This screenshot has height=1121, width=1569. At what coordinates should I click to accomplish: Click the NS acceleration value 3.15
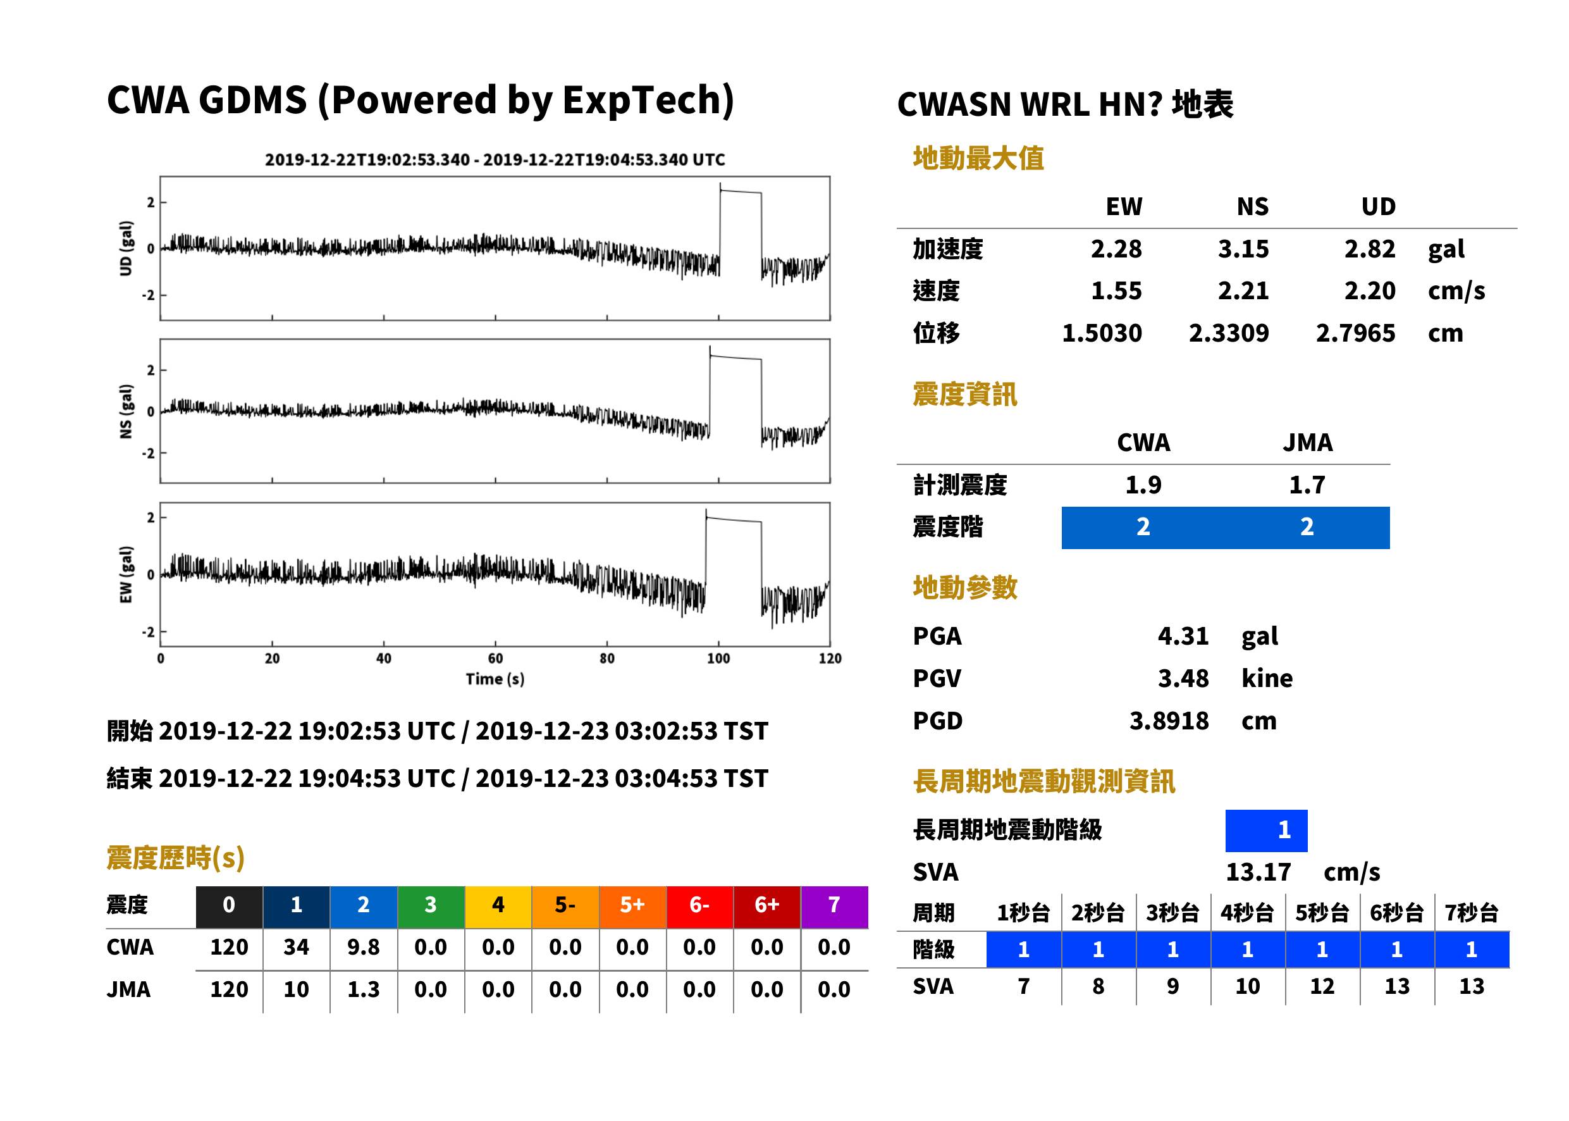(1243, 249)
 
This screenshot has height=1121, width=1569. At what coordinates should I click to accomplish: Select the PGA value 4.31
(1183, 636)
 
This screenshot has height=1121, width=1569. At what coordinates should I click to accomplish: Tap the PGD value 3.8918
(1169, 721)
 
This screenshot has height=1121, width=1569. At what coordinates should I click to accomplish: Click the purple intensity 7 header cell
(834, 905)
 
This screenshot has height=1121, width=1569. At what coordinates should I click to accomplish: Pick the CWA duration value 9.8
(364, 947)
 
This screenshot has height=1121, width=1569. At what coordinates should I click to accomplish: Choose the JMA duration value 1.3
(364, 989)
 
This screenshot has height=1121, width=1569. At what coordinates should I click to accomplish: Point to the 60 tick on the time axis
(495, 659)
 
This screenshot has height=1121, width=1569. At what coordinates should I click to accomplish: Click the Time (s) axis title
(495, 679)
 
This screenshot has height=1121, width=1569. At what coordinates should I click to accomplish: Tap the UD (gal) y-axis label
(126, 249)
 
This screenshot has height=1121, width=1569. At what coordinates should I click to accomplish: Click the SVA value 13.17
(1258, 872)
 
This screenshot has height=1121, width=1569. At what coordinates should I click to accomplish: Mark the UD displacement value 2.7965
(1355, 333)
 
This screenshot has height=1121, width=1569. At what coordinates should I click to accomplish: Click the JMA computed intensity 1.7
(1307, 485)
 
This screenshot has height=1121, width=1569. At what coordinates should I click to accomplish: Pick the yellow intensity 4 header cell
(498, 905)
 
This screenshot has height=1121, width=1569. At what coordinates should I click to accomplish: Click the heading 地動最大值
(978, 158)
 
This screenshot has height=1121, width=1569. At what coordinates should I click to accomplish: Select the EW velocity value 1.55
(1116, 291)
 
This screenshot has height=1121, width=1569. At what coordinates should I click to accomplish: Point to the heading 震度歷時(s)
(176, 858)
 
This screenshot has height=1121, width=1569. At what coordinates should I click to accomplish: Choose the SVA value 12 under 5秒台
(1321, 986)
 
